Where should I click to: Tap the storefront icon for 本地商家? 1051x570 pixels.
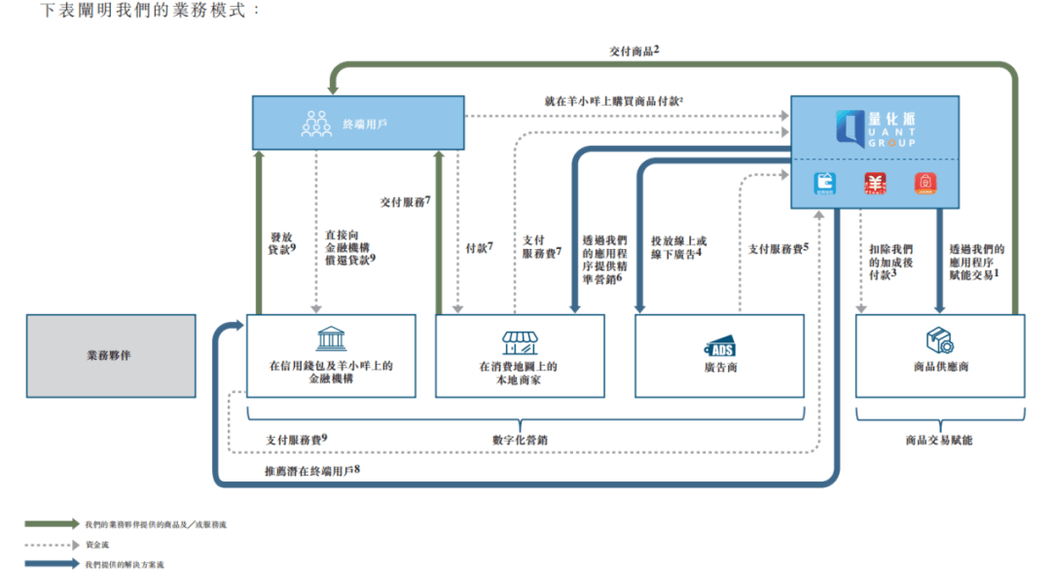point(519,341)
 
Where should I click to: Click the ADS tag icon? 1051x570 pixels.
point(720,347)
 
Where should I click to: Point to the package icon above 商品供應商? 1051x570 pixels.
point(940,339)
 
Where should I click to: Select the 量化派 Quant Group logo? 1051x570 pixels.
point(875,128)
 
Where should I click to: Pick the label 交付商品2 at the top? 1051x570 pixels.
point(634,50)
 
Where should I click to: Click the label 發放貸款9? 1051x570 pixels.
point(282,242)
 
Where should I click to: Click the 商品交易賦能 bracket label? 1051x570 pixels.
point(939,440)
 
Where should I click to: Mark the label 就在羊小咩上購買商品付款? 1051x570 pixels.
point(613,101)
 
